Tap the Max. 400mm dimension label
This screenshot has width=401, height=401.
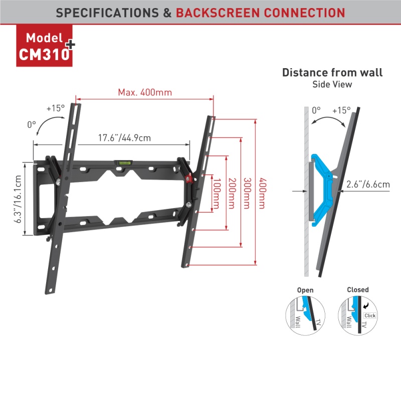[145, 92]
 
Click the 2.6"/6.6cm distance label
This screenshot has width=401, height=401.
[368, 185]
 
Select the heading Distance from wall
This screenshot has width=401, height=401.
[332, 72]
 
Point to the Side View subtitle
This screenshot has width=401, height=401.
[332, 85]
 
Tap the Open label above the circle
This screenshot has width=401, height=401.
[305, 290]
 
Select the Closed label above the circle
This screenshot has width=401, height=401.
[357, 290]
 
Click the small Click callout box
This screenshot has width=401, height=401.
[370, 315]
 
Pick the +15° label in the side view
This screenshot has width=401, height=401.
[341, 110]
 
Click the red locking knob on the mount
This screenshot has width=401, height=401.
[189, 179]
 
